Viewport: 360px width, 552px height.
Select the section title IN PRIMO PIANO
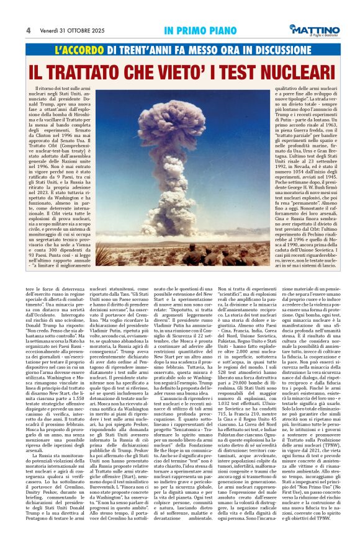[x=193, y=30]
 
